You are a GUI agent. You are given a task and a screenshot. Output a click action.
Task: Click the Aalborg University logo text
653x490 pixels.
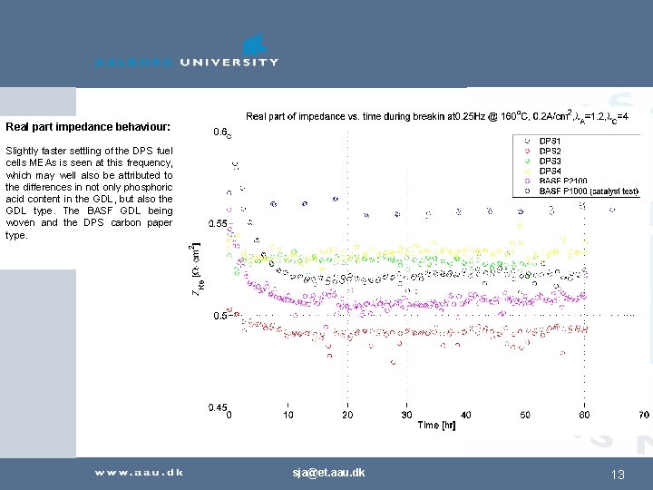187,62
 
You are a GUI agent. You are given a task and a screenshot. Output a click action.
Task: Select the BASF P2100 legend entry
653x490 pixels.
562,181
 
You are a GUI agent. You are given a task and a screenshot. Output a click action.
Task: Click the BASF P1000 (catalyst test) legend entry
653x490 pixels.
588,191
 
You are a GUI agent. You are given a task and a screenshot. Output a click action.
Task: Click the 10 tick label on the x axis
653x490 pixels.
288,416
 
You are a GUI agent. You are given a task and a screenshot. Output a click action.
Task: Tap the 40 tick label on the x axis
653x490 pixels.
465,416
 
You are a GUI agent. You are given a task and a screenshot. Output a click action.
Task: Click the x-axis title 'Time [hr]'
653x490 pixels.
436,426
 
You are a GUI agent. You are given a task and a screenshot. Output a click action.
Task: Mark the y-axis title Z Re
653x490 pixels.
198,269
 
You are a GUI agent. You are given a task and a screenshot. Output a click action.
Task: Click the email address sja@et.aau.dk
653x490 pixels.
328,473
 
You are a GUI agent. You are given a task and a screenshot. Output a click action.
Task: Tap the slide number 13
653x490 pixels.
618,475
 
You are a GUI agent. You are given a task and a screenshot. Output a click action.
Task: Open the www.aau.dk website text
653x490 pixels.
140,472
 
